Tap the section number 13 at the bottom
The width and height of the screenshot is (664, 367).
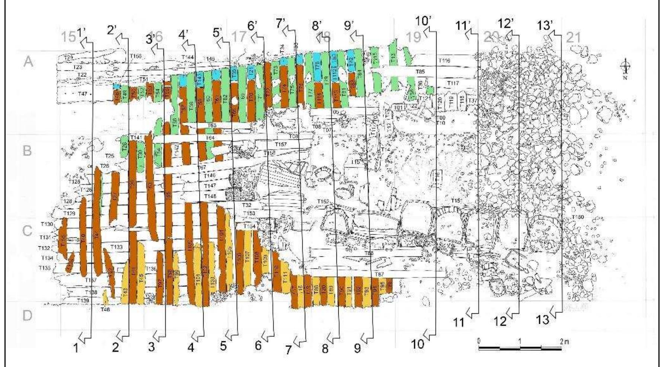tap(543, 319)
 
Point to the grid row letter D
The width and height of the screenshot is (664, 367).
tap(28, 316)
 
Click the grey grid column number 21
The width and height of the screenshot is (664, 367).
tap(573, 37)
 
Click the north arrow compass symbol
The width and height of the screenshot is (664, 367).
tap(626, 67)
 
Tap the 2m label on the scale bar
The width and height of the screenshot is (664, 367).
tap(565, 341)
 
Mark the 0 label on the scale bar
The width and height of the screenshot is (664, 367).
tap(479, 341)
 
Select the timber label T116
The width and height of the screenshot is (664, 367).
tap(444, 60)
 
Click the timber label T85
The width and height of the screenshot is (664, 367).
tap(420, 71)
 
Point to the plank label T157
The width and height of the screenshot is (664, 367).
tap(281, 144)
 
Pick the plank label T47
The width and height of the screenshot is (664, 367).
tap(82, 94)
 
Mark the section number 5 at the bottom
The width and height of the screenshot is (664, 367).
tap(223, 346)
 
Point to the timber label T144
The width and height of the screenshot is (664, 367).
tap(188, 57)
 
